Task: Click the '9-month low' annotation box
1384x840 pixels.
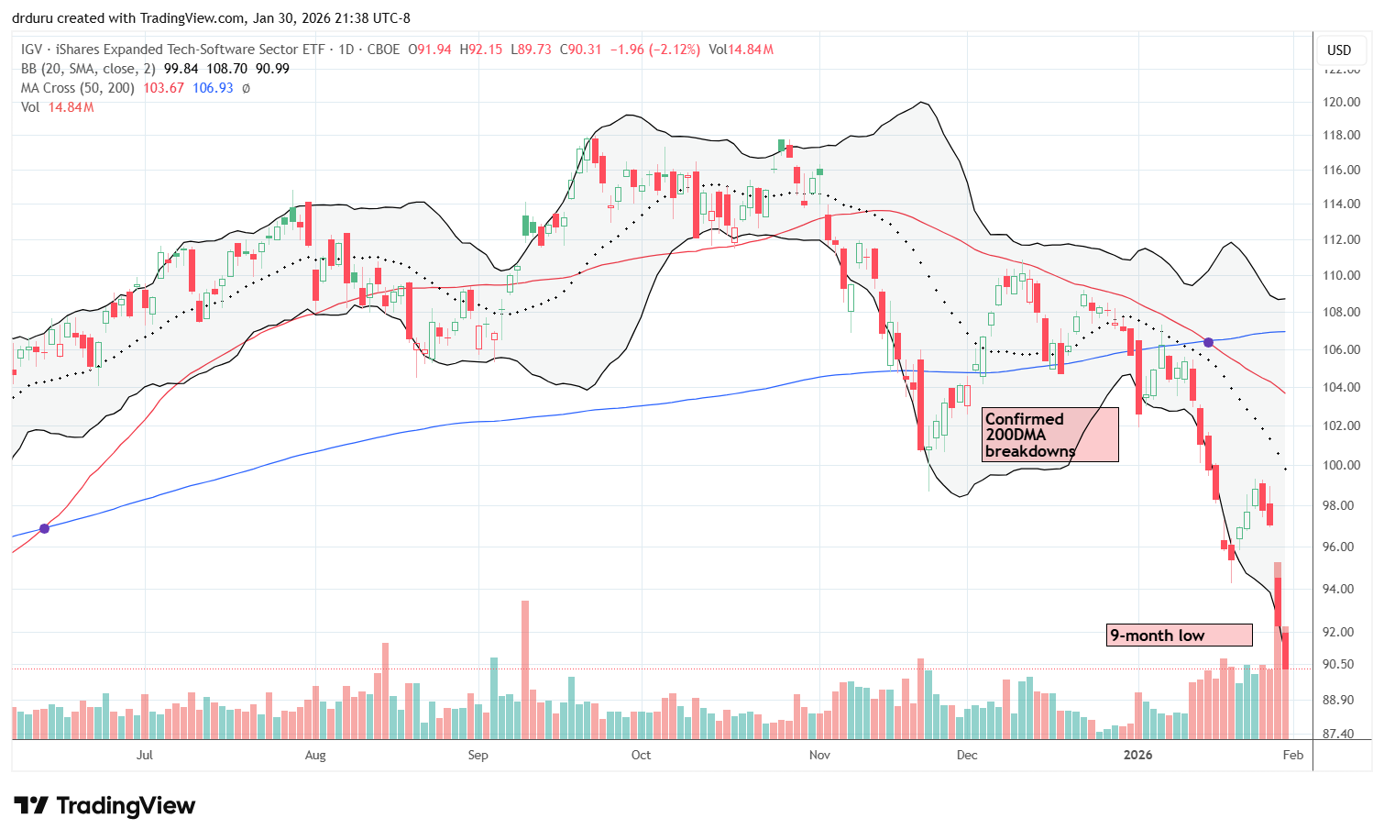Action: tap(1179, 636)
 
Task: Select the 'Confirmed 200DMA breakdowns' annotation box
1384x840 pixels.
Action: tap(1049, 435)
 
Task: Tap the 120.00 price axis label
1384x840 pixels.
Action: tap(1341, 102)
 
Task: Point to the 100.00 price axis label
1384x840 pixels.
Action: tap(1341, 465)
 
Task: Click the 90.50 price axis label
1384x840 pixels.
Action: tap(1339, 664)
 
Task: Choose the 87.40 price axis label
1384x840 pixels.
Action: tap(1339, 734)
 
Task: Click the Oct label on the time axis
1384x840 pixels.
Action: tap(641, 755)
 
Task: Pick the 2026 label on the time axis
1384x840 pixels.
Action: tap(1137, 755)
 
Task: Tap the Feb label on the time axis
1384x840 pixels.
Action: tap(1292, 755)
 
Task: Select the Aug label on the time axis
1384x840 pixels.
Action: tap(314, 755)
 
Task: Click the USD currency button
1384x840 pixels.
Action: tap(1339, 50)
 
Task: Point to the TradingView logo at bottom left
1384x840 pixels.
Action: tap(104, 806)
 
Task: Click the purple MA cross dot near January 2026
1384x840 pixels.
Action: tap(1208, 342)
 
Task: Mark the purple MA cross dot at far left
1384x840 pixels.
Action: tap(44, 528)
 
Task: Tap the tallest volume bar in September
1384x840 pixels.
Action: tap(525, 669)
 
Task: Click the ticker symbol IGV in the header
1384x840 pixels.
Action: tap(31, 50)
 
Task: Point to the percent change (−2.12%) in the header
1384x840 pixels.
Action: tap(673, 50)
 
